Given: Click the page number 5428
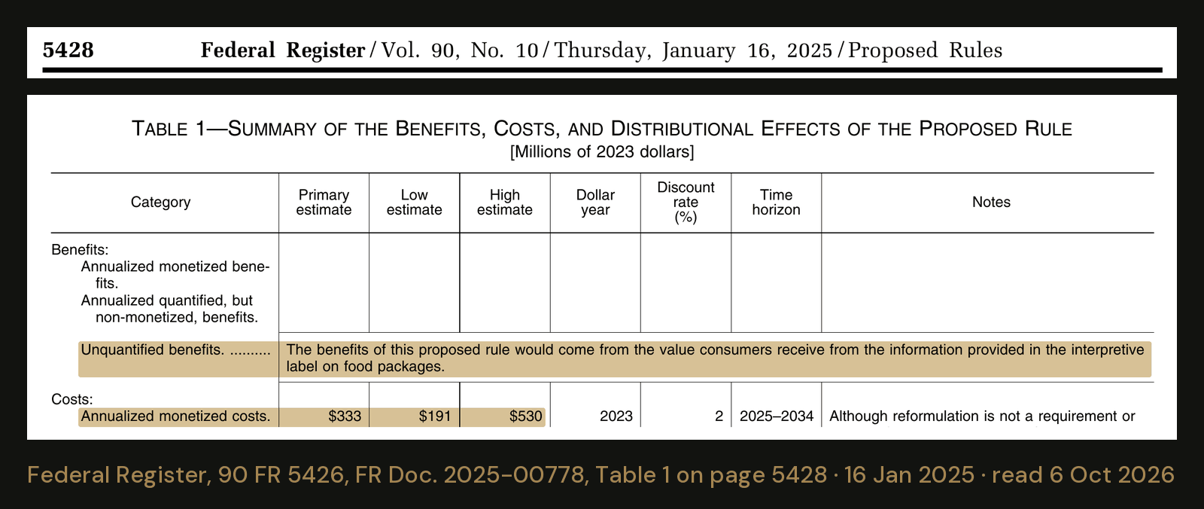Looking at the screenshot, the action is [68, 50].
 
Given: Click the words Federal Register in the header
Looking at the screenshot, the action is [283, 50].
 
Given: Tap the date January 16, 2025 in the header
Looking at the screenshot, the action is [747, 50].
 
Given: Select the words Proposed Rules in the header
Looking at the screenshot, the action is [925, 50].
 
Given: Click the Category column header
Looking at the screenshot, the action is [161, 203].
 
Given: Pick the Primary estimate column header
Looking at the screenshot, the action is [324, 203].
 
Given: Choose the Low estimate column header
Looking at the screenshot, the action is [414, 203].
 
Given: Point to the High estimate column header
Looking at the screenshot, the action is [505, 203].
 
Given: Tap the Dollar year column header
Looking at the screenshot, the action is [595, 203].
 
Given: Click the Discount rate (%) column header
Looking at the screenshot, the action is [686, 203].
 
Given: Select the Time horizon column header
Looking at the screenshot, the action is [776, 203].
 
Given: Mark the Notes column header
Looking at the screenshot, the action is [991, 203].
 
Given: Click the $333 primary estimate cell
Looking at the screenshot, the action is [345, 416].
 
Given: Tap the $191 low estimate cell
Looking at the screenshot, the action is [435, 416].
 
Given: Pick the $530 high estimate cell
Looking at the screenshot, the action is [526, 416].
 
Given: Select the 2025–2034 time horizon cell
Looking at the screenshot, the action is [777, 416].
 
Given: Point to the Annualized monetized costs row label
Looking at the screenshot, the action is [175, 416].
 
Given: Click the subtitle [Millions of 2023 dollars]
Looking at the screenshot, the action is [602, 152].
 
